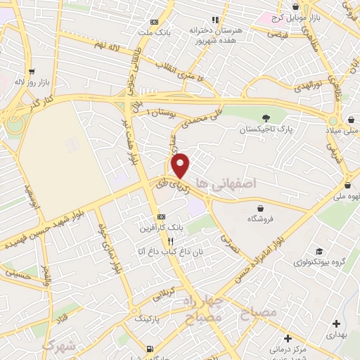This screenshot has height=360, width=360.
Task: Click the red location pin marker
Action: point(181,165)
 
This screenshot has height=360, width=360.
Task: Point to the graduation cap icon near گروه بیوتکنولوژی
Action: point(320,252)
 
